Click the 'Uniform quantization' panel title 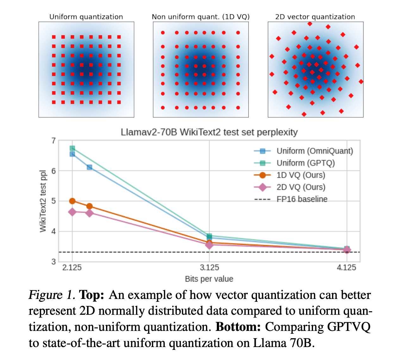[x=86, y=17]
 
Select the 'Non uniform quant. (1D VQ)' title [x=201, y=17]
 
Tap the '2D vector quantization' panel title [x=315, y=17]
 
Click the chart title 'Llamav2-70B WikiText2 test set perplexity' [x=209, y=132]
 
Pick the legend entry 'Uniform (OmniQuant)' [x=315, y=151]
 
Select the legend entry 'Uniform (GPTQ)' [x=305, y=163]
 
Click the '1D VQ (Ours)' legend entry [x=301, y=175]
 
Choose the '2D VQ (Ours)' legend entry [x=301, y=187]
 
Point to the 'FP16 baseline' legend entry [x=302, y=199]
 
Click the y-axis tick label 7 [x=53, y=141]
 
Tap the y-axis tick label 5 [x=53, y=201]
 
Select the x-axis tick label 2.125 [x=72, y=268]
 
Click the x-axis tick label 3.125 [x=209, y=268]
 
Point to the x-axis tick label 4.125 [x=346, y=268]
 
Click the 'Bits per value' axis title [x=209, y=279]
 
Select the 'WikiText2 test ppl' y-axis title [x=43, y=201]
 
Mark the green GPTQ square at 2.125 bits [x=72, y=148]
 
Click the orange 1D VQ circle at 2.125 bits [x=72, y=201]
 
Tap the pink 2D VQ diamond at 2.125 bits [x=72, y=212]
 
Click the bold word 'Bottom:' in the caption [x=238, y=327]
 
